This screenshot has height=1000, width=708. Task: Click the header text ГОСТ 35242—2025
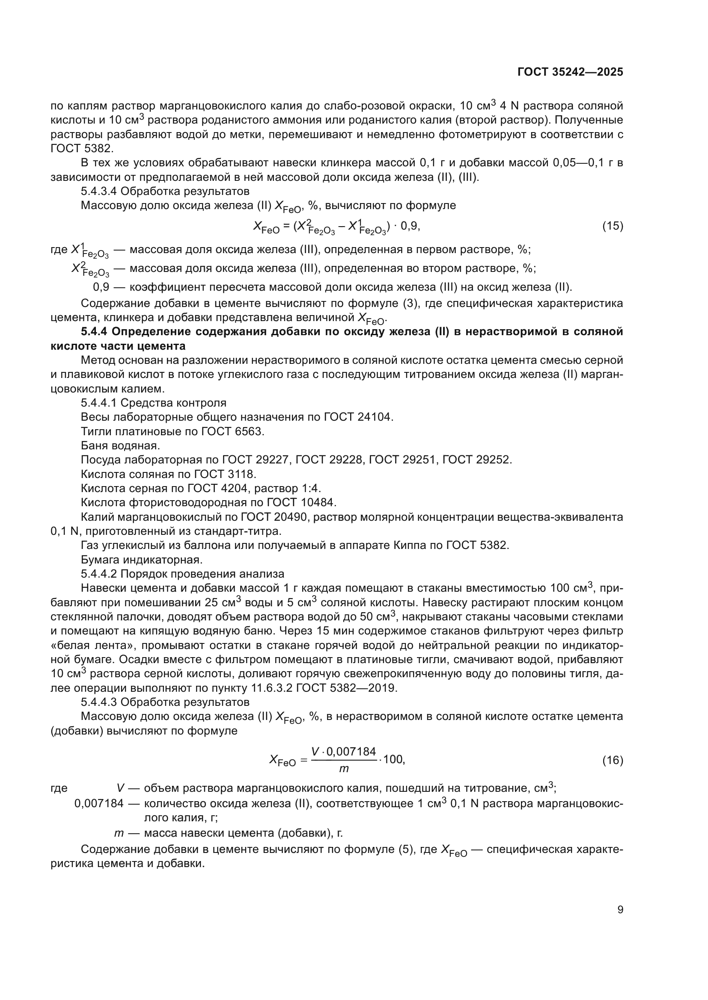570,72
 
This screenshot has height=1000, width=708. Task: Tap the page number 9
620,910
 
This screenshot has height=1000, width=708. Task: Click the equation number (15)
613,226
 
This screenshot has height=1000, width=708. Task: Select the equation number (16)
613,761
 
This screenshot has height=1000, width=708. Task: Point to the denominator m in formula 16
344,769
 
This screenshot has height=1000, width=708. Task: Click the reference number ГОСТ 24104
358,417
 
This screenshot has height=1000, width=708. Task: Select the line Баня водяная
120,445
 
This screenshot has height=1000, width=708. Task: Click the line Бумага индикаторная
141,559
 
